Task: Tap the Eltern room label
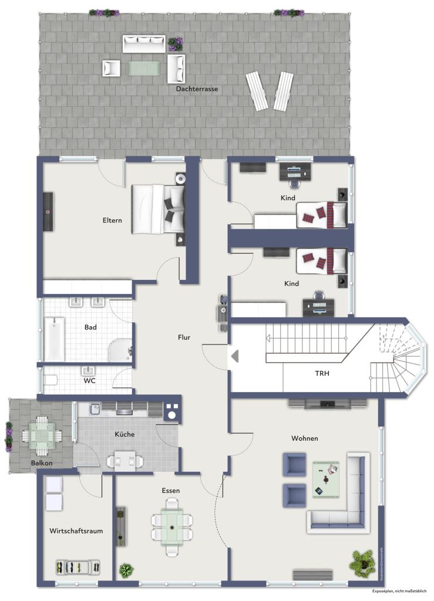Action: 112,221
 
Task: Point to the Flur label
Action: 184,337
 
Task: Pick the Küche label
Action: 125,434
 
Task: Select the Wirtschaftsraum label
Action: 76,531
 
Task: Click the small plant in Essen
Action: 126,569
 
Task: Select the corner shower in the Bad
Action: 120,350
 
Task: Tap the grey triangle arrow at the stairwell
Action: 234,356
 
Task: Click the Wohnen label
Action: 304,438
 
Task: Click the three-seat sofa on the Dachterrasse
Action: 144,43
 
